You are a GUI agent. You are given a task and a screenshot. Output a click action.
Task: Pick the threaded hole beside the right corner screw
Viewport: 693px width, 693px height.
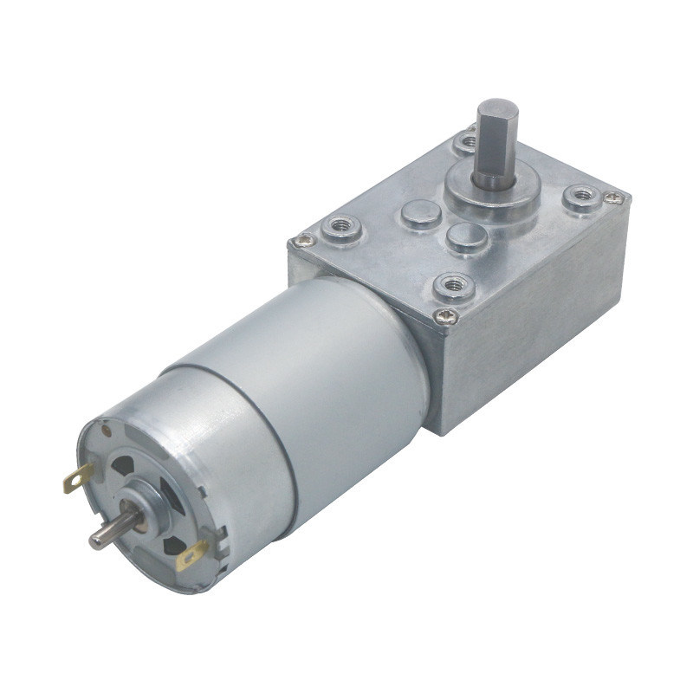pyautogui.click(x=580, y=197)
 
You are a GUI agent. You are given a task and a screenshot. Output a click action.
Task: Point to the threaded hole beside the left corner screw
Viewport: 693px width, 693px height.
pyautogui.click(x=338, y=229)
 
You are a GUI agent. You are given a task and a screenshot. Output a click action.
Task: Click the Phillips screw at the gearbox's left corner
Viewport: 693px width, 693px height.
pyautogui.click(x=303, y=240)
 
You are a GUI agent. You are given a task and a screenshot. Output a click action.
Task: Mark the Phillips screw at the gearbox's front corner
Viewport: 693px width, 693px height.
pyautogui.click(x=446, y=315)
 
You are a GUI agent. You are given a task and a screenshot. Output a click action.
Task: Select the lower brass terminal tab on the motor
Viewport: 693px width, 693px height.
pyautogui.click(x=191, y=555)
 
